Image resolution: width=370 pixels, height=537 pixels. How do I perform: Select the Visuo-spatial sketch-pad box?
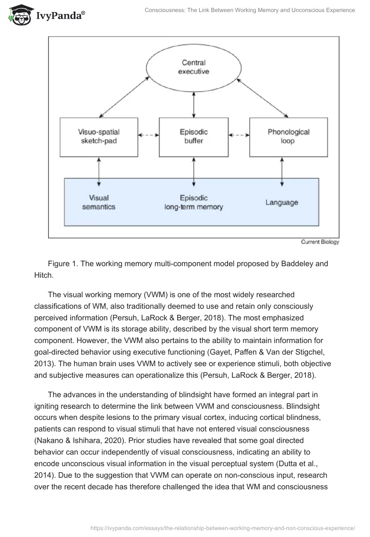tap(99, 137)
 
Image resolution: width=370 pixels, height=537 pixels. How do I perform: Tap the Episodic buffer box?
tap(193, 137)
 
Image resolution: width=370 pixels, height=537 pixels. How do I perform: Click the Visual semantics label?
tap(99, 202)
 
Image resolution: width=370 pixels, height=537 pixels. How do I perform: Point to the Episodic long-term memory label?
tap(193, 202)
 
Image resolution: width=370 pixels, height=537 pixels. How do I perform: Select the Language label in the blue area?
tap(282, 202)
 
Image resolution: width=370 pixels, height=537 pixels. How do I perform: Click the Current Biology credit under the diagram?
tap(320, 242)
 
